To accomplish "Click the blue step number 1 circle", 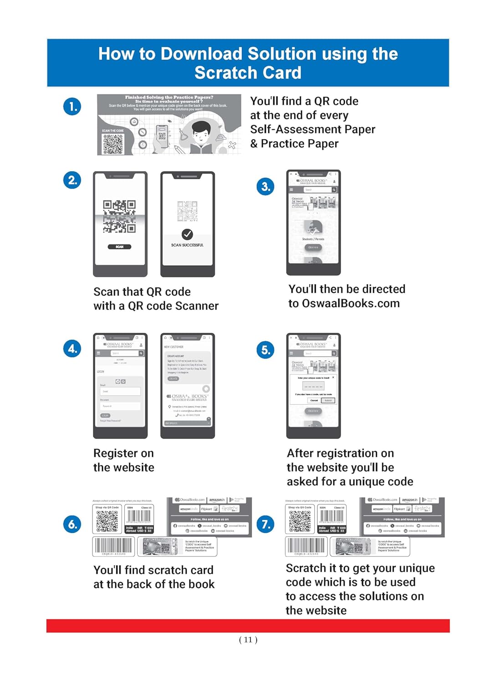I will tap(72, 107).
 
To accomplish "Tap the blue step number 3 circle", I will tap(266, 186).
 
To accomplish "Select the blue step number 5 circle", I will tap(266, 350).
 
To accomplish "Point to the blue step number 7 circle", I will tap(266, 524).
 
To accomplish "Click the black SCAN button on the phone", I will tap(119, 247).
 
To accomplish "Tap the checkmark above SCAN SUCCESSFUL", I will tap(187, 234).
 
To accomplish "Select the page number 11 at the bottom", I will tap(248, 640).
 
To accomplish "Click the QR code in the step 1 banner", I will tap(113, 144).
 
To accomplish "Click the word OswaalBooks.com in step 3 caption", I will tap(350, 303).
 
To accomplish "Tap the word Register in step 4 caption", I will tap(115, 453).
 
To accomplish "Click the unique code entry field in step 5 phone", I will tap(313, 386).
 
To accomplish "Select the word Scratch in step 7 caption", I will tap(306, 568).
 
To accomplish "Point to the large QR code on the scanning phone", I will tap(119, 216).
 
